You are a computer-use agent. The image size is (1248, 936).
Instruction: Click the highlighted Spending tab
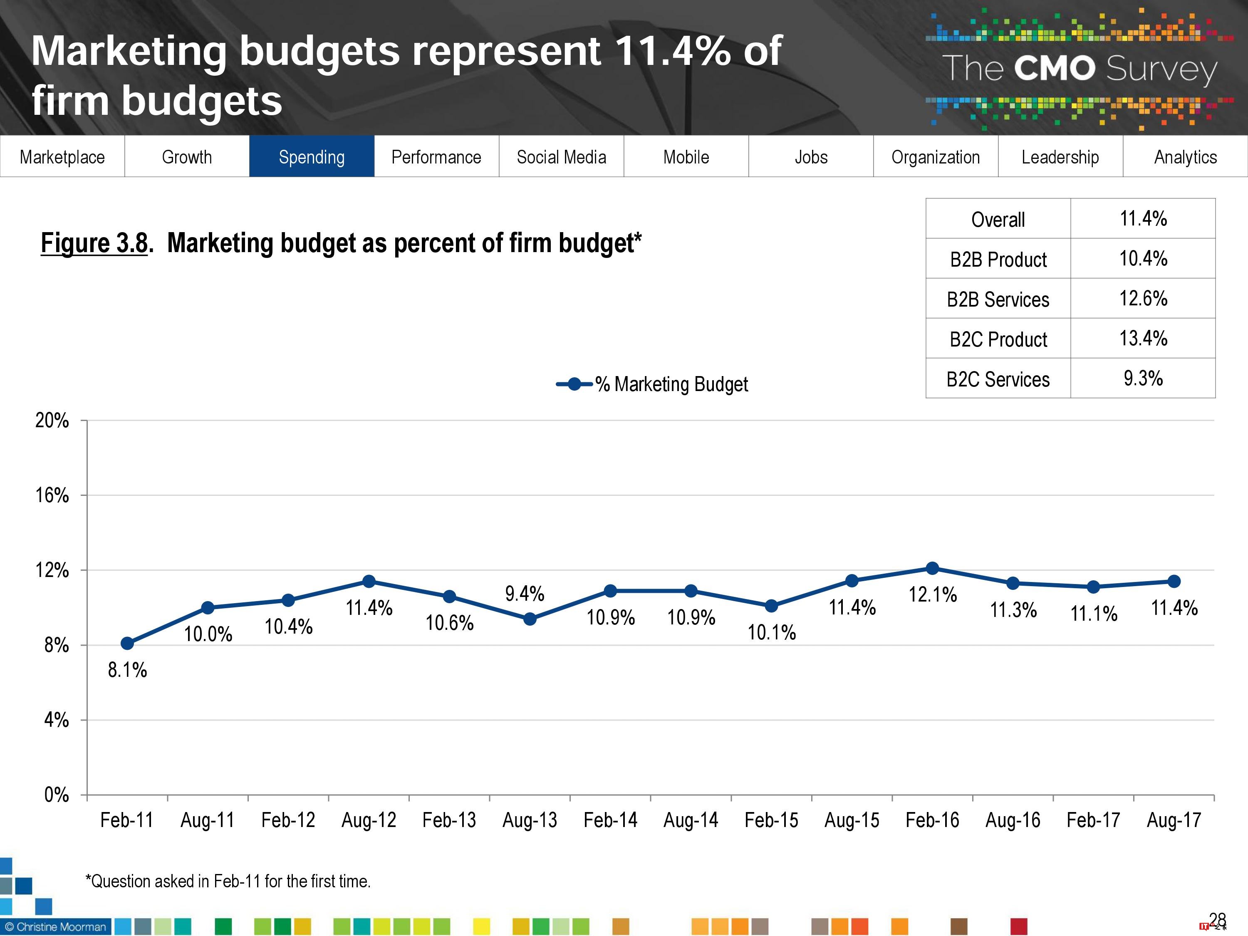[312, 156]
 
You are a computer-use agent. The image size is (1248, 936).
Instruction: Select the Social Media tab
[561, 156]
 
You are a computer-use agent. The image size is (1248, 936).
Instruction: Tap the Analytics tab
[1185, 156]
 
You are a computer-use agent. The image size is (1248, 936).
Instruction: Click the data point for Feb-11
[128, 643]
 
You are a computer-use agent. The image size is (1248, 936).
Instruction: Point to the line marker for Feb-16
[933, 568]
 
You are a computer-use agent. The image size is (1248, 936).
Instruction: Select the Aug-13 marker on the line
[530, 619]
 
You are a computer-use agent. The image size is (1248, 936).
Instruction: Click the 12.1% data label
[933, 594]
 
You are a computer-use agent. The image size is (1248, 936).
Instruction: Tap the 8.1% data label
[128, 670]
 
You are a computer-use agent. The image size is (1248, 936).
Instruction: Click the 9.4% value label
[524, 594]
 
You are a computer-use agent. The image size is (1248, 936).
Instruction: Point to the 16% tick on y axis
[52, 495]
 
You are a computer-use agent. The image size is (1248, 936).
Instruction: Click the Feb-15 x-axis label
[771, 820]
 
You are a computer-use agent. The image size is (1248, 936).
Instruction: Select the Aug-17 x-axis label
[1174, 820]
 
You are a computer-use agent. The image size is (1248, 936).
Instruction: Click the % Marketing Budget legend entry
[652, 384]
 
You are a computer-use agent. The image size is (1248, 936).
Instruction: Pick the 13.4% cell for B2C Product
[1143, 338]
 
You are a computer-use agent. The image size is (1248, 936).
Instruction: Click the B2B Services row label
[998, 299]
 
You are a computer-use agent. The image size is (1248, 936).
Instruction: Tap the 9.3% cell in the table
[1143, 378]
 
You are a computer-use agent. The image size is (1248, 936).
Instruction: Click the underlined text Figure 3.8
[94, 243]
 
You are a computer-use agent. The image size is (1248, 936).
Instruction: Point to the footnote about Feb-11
[228, 881]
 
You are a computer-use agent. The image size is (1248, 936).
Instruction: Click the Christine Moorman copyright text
[55, 926]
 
